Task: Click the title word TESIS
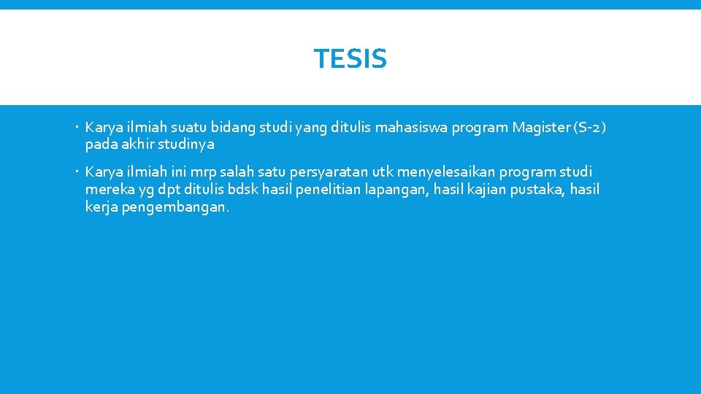pyautogui.click(x=350, y=59)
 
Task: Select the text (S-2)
pyautogui.click(x=591, y=128)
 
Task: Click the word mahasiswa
pyautogui.click(x=413, y=128)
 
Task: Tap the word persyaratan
pyautogui.click(x=329, y=172)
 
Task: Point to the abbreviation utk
pyautogui.click(x=383, y=172)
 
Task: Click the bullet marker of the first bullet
pyautogui.click(x=77, y=128)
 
